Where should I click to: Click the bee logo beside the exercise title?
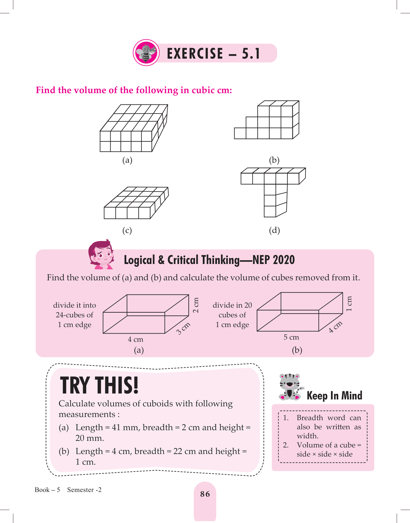coord(146,53)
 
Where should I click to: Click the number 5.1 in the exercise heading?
coord(251,53)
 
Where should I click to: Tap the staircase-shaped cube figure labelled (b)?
coord(267,120)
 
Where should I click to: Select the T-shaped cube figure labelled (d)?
coord(273,192)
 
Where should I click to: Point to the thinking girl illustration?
coord(101,254)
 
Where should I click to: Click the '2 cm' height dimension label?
coord(196,305)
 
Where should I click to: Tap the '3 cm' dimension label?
coord(183,328)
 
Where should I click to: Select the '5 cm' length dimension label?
coord(291,337)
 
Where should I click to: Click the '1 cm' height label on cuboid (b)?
coord(349,304)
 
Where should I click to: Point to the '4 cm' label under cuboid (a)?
coord(135,339)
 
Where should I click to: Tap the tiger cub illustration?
coord(291,387)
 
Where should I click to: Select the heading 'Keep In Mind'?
coord(334,395)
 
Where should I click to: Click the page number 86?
coord(205,494)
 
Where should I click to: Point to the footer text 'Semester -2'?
coord(84,490)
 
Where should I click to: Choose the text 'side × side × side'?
coord(325,454)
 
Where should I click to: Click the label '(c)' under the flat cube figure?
coord(127,230)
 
